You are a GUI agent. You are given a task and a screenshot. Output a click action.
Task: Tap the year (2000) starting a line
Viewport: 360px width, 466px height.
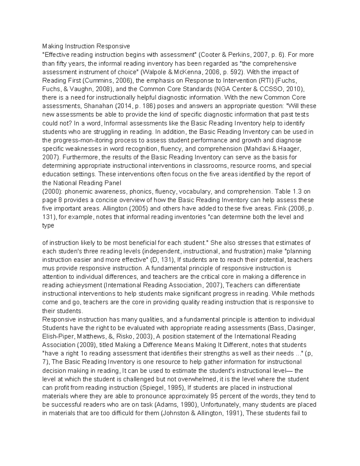(x=52, y=191)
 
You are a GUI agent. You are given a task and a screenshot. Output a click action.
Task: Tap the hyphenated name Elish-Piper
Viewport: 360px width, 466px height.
(x=57, y=336)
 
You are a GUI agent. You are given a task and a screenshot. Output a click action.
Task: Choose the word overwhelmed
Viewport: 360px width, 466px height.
(x=199, y=379)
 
